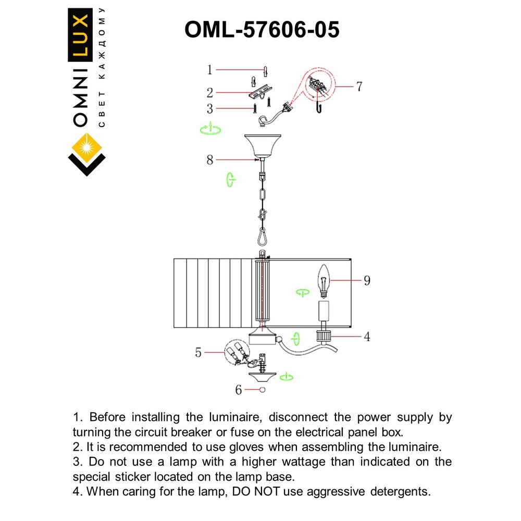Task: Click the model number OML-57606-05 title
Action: point(262,30)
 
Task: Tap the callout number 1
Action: point(210,69)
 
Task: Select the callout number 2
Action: point(210,93)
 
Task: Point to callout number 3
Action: point(210,108)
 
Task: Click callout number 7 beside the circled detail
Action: point(358,86)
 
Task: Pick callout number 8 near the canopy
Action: point(210,159)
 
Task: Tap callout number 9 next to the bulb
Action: point(367,280)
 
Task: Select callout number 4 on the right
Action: point(367,337)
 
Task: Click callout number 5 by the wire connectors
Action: point(199,353)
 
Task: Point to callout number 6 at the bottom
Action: point(239,390)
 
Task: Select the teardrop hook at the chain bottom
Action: point(262,237)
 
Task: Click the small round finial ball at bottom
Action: point(262,390)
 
